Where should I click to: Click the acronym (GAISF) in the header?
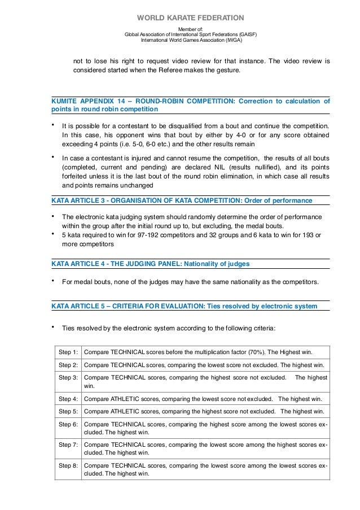click(245, 34)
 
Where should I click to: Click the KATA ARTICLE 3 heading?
click(181, 200)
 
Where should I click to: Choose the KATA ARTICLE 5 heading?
click(183, 306)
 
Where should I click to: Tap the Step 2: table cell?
click(68, 365)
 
